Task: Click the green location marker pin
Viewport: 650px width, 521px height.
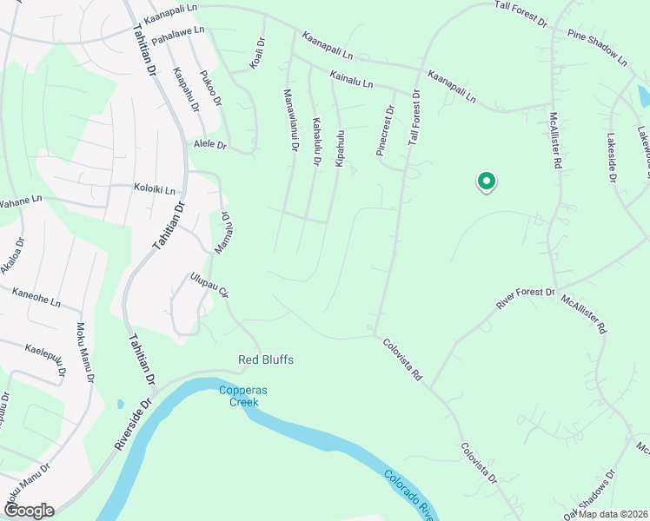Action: (487, 181)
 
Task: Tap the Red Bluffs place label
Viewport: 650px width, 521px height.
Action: (266, 359)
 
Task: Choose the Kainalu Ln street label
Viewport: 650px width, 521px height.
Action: (351, 81)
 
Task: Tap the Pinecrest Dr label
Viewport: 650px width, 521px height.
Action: (385, 131)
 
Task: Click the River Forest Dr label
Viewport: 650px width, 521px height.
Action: (525, 299)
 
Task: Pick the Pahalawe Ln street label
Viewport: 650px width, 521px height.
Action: (177, 36)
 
